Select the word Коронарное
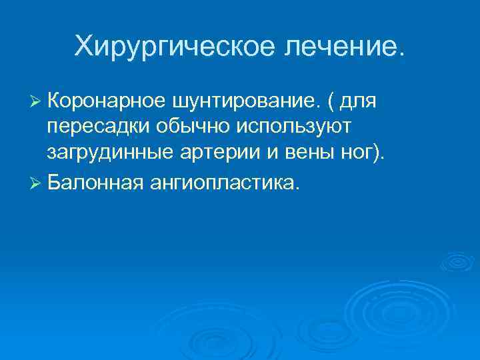(106, 101)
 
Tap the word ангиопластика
(224, 179)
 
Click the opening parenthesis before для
(330, 102)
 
